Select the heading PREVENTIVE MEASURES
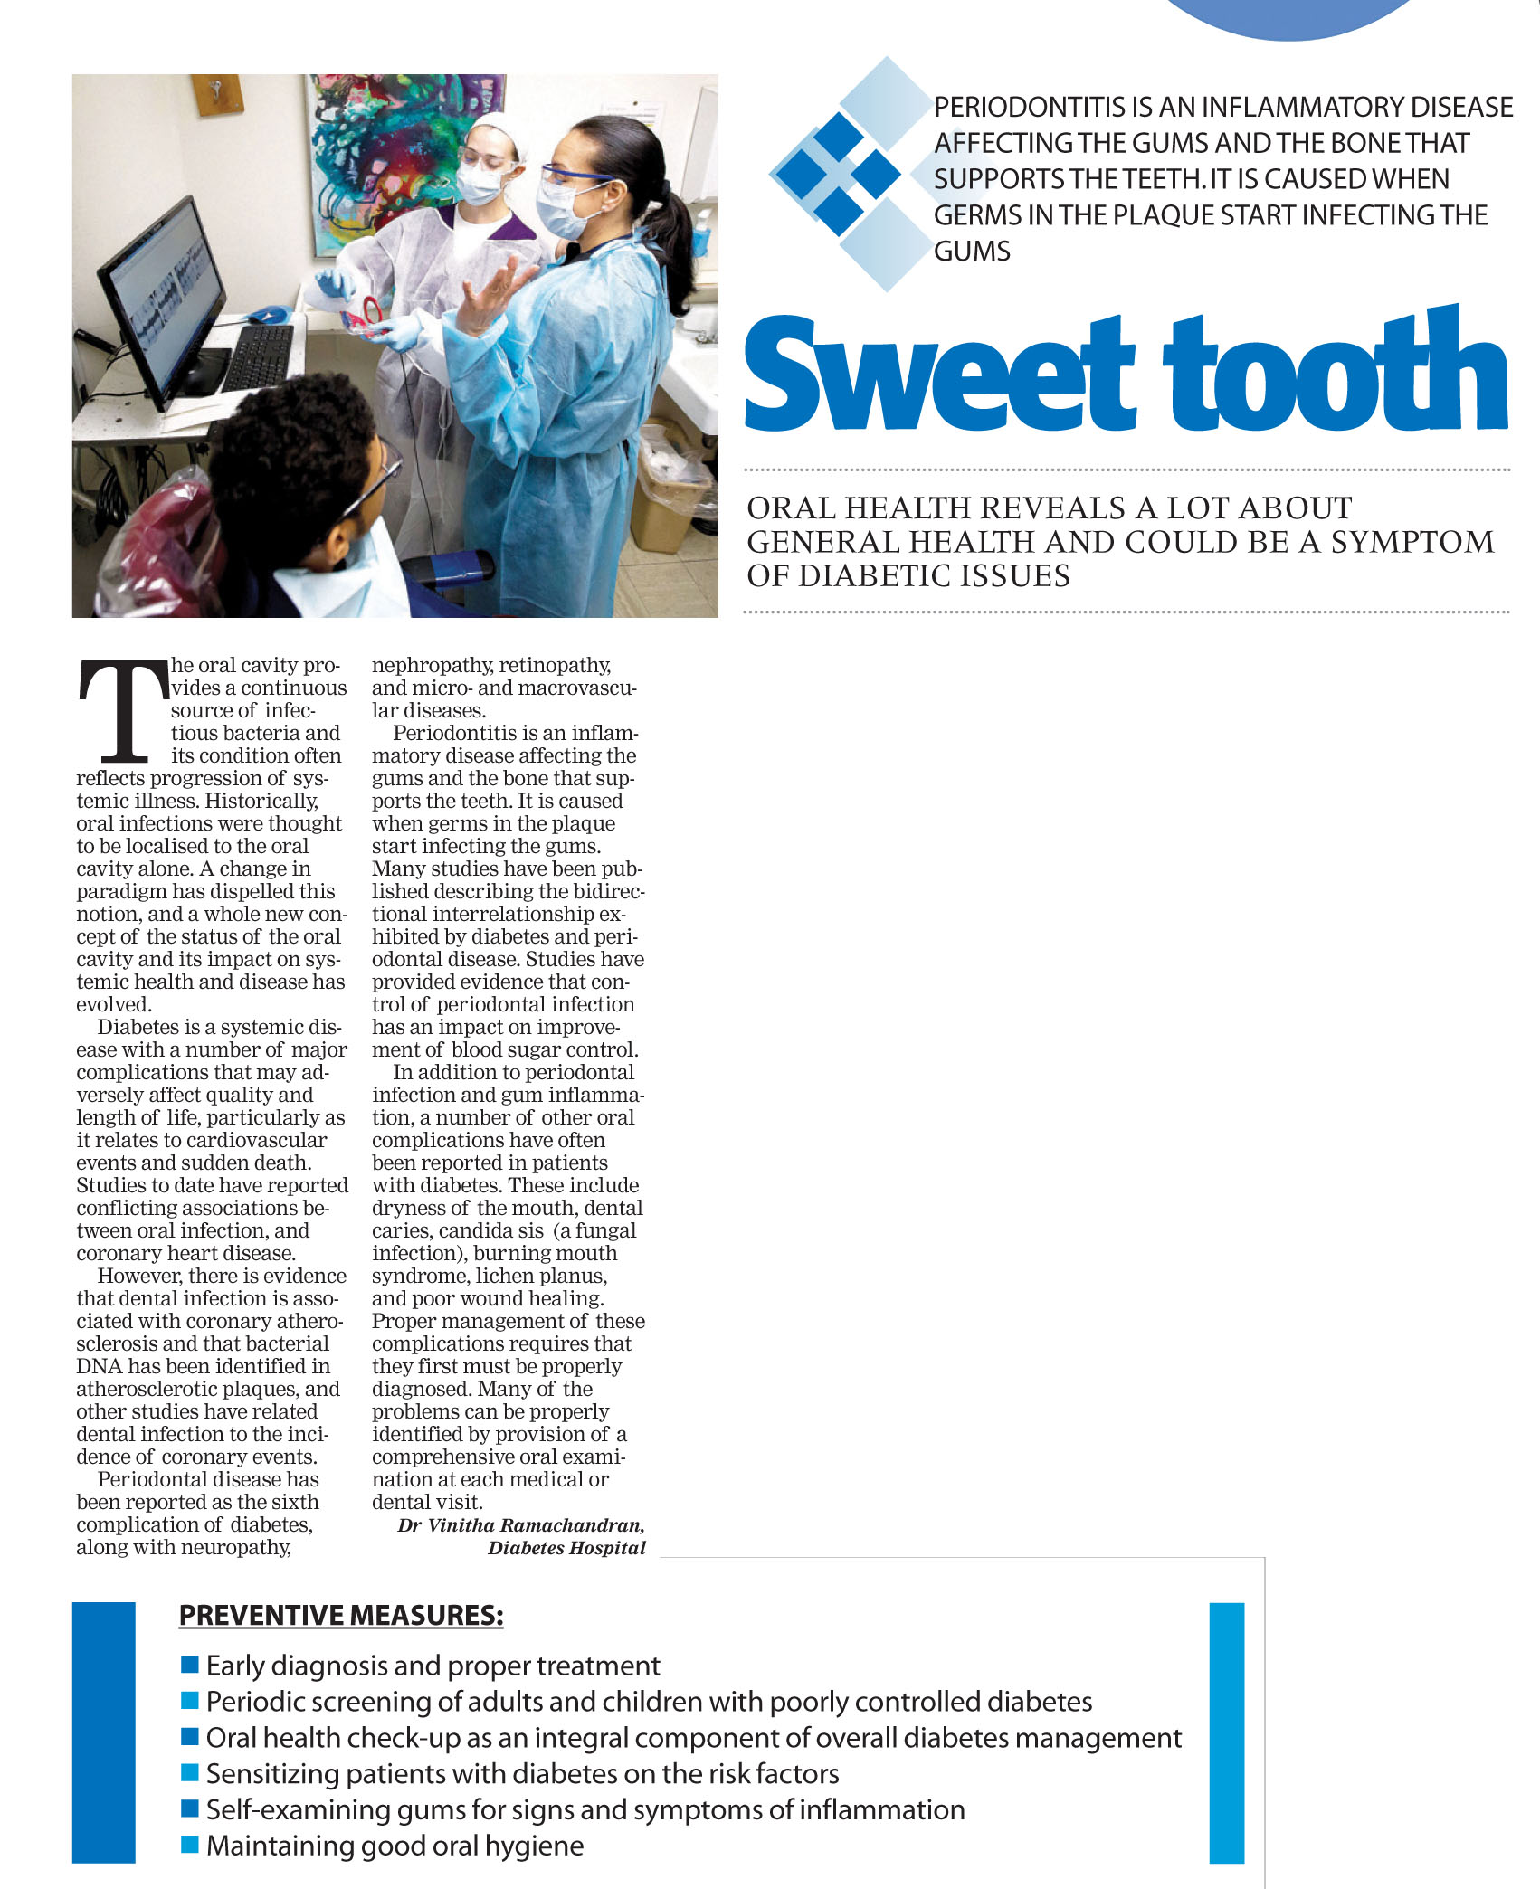[x=341, y=1615]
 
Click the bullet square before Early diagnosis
[x=189, y=1665]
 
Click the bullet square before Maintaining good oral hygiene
[x=189, y=1844]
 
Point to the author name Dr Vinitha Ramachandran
[x=521, y=1525]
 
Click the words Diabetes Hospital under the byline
[x=566, y=1548]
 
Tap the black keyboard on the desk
[x=258, y=356]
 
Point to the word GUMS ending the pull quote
[x=972, y=252]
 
